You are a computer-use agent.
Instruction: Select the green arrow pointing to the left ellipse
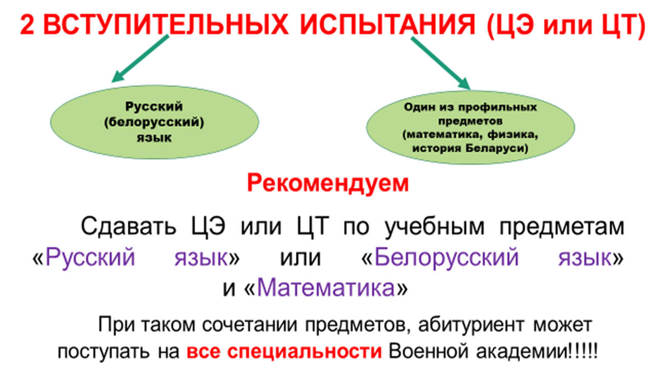coord(140,58)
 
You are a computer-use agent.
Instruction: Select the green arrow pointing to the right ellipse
coord(440,63)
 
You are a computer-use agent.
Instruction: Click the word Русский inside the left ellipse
coord(154,107)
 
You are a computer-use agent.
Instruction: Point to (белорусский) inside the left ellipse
coord(154,122)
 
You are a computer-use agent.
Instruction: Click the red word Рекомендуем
coord(327,183)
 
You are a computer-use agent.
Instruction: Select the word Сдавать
coord(128,226)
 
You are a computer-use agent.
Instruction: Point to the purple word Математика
coord(326,288)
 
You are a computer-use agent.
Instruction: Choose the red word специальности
coord(304,352)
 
